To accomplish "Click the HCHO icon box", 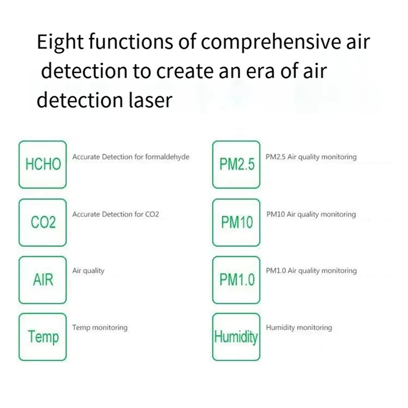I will [43, 164].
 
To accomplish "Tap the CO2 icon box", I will [43, 222].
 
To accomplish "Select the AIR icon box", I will [43, 279].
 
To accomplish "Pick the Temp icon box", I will [43, 337].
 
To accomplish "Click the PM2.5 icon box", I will [236, 164].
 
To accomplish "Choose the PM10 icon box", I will [236, 222].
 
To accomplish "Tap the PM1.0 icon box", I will [236, 279].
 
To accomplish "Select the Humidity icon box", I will [236, 337].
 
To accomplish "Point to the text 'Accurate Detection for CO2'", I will [116, 215].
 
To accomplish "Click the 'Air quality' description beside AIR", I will [88, 271].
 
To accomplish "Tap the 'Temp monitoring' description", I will [100, 327].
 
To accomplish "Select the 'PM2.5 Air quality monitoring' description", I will [311, 157].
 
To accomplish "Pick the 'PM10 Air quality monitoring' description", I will [311, 215].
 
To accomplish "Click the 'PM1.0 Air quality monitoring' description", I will [311, 271].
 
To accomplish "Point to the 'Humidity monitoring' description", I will [299, 327].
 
